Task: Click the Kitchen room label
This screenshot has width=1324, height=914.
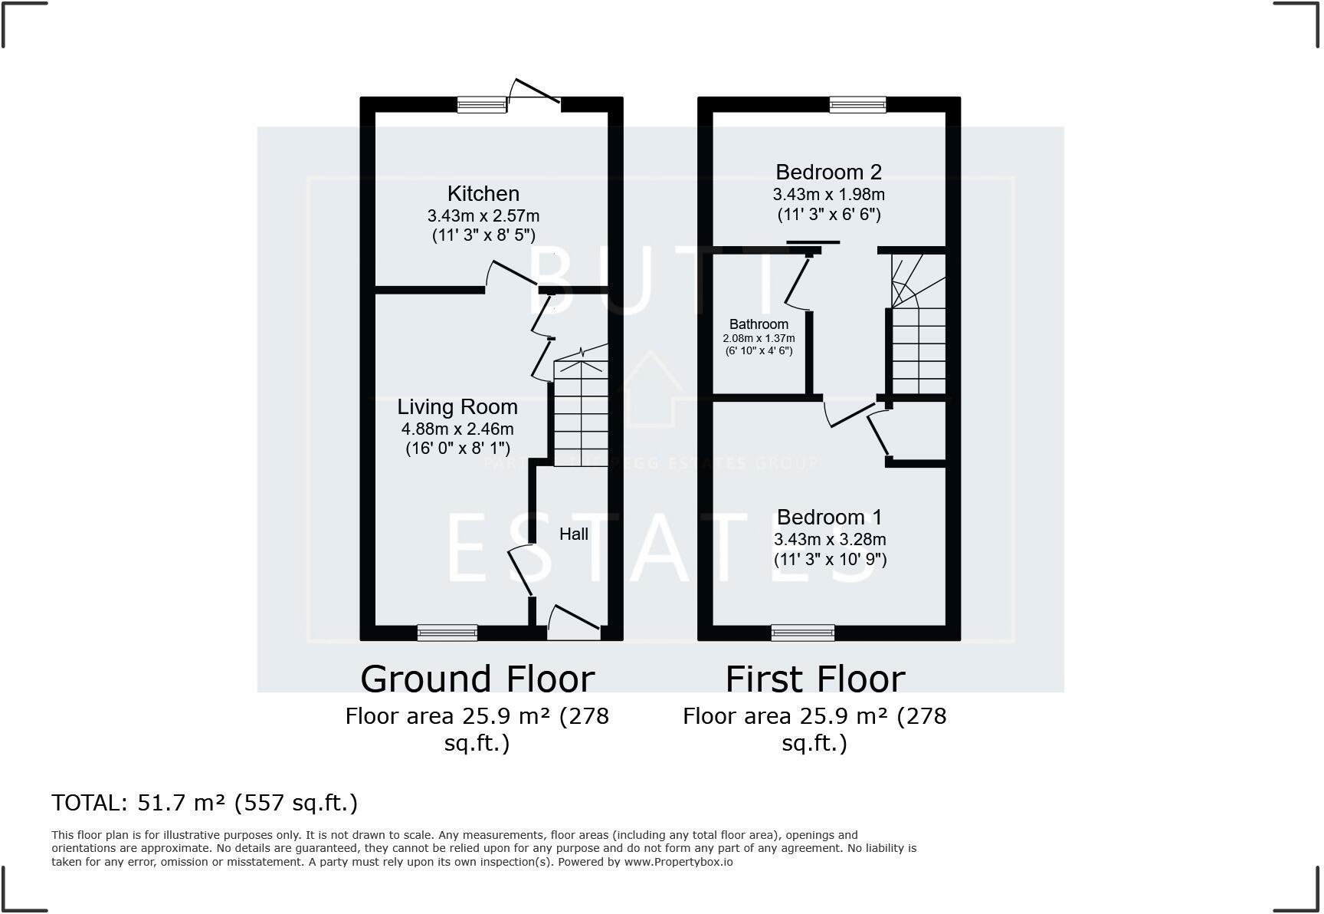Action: coord(483,193)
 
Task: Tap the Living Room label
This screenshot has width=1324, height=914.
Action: coord(457,406)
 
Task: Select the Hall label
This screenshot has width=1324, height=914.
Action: coord(573,534)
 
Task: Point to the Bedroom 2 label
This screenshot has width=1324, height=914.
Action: coord(828,172)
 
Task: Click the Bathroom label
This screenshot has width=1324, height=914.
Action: coord(759,324)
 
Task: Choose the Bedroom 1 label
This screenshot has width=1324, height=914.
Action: coord(829,517)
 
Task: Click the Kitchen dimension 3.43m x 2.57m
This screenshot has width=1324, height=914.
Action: coord(483,215)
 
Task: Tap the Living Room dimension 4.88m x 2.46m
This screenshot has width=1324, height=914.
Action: coord(457,429)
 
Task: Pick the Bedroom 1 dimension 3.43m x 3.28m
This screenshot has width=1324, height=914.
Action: coord(830,539)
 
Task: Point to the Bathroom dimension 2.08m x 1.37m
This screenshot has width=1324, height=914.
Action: coord(759,338)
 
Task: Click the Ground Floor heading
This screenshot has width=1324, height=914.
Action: coord(477,679)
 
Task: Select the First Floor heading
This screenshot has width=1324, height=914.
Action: coord(815,679)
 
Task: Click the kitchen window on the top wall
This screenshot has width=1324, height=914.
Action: coord(482,105)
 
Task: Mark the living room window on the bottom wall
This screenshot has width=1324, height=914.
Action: coord(447,633)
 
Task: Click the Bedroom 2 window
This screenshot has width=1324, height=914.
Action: coord(857,105)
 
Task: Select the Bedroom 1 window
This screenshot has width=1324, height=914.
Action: coord(803,633)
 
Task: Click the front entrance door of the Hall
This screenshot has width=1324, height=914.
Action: coord(573,623)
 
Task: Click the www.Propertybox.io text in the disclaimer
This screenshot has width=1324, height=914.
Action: coord(678,862)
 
